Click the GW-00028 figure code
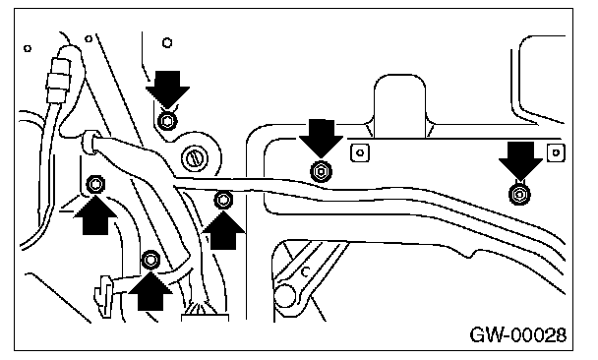(x=518, y=335)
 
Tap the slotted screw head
(x=195, y=157)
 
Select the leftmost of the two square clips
(x=360, y=152)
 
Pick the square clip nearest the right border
(x=556, y=152)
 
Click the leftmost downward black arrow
(x=168, y=90)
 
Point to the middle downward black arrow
(x=321, y=138)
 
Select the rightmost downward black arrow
(x=520, y=160)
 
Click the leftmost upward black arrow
(x=95, y=215)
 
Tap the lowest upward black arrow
(x=150, y=291)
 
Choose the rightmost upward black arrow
(x=223, y=230)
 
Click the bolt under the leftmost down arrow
(x=166, y=122)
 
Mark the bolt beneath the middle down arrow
(x=321, y=171)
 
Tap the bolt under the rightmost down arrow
(x=519, y=194)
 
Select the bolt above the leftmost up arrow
(x=95, y=185)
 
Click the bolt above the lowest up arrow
(x=150, y=260)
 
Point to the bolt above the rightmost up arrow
(x=223, y=200)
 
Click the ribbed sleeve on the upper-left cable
(x=58, y=81)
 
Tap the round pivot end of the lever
(x=285, y=295)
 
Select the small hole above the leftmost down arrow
(x=167, y=42)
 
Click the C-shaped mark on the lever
(x=305, y=271)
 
